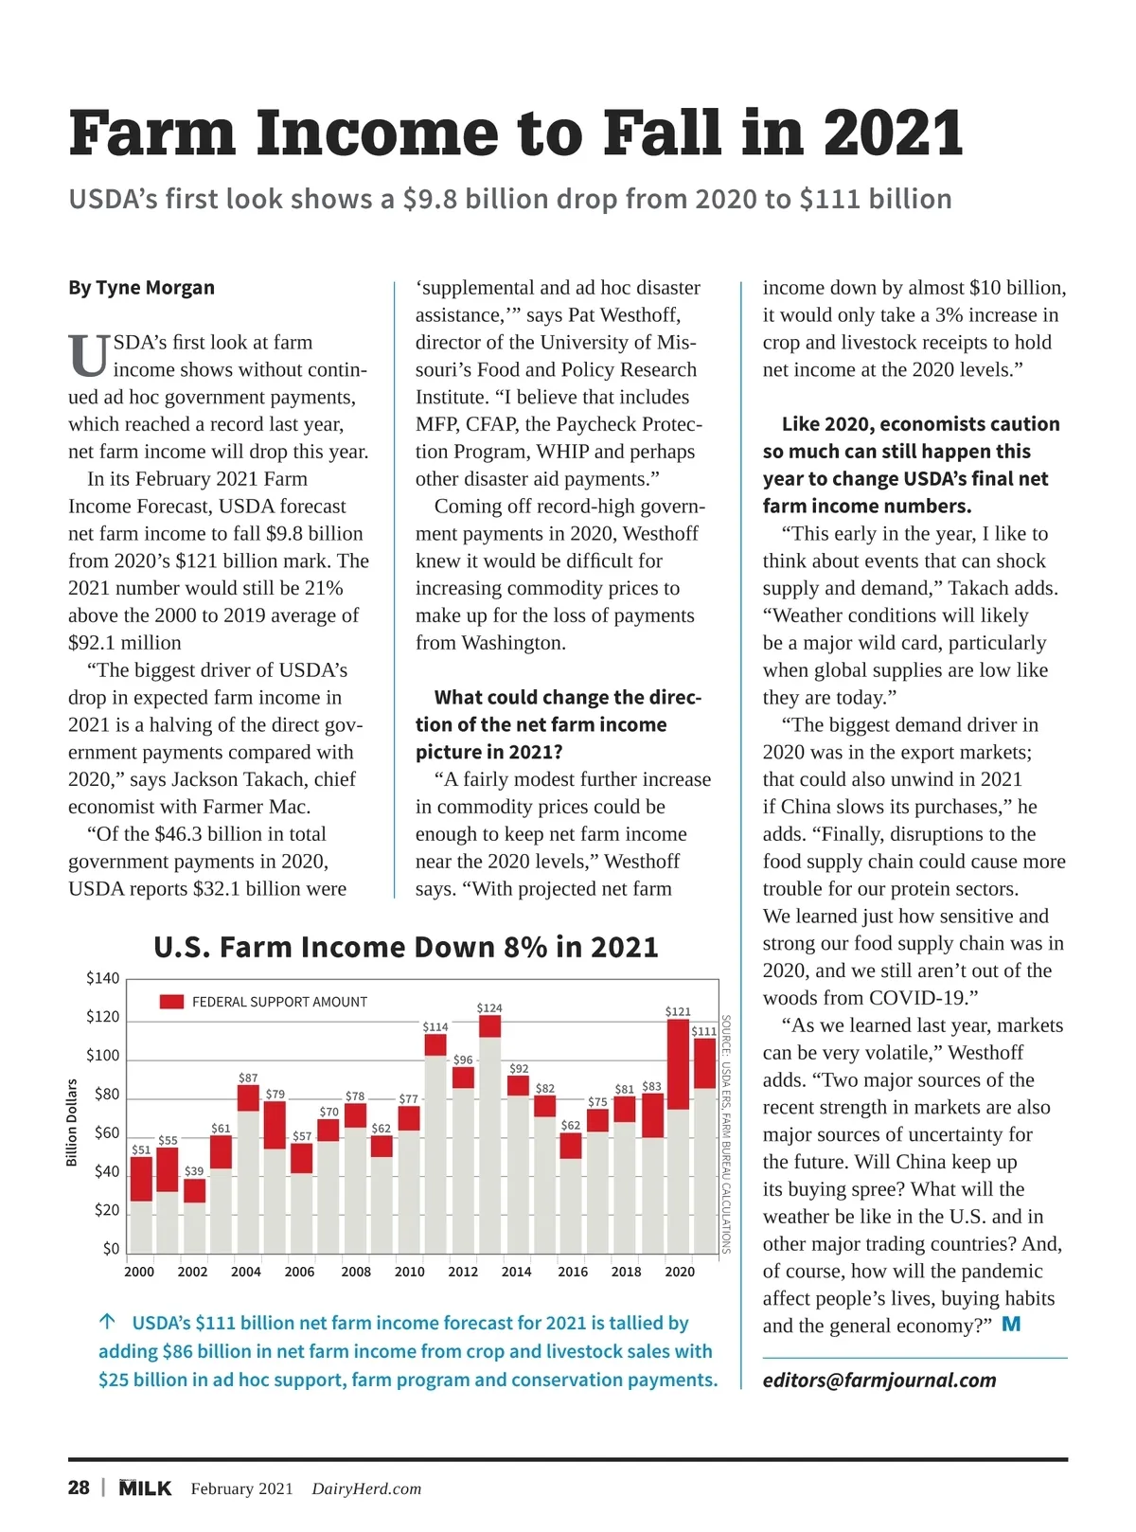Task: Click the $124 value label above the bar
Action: pyautogui.click(x=489, y=1007)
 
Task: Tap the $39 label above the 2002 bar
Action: pyautogui.click(x=194, y=1171)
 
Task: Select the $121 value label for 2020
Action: pyautogui.click(x=678, y=1011)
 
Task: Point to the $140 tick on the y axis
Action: pyautogui.click(x=103, y=978)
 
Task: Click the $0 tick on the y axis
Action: pyautogui.click(x=111, y=1249)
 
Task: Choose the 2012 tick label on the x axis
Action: pyautogui.click(x=463, y=1272)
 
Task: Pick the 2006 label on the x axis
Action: pyautogui.click(x=299, y=1272)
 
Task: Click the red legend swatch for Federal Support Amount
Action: pyautogui.click(x=171, y=1002)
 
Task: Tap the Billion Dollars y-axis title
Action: pyautogui.click(x=72, y=1122)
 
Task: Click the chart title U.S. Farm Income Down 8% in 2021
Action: pyautogui.click(x=405, y=947)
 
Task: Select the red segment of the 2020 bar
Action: pyautogui.click(x=678, y=1063)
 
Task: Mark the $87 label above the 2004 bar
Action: pyautogui.click(x=248, y=1078)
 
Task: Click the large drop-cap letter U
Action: pyautogui.click(x=88, y=357)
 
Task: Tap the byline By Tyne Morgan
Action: pyautogui.click(x=141, y=288)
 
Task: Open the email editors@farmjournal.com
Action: pyautogui.click(x=879, y=1381)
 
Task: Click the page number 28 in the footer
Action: pyautogui.click(x=79, y=1487)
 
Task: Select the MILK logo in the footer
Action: pyautogui.click(x=145, y=1487)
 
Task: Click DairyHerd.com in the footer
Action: pyautogui.click(x=366, y=1488)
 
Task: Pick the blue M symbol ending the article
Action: pyautogui.click(x=1011, y=1325)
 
